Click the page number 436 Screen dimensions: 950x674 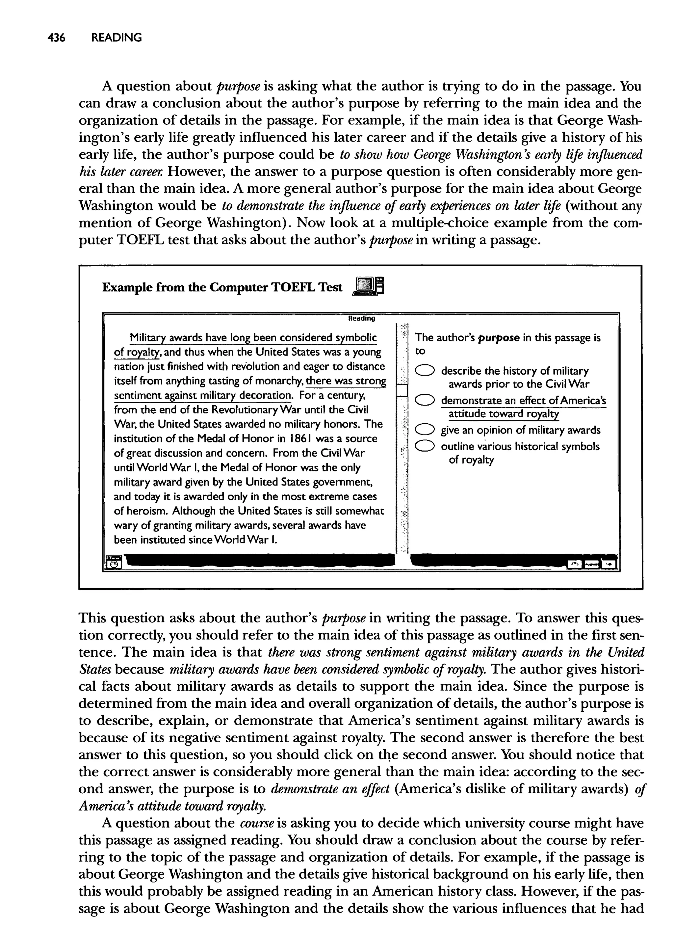coord(57,38)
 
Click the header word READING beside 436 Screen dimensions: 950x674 coord(117,38)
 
